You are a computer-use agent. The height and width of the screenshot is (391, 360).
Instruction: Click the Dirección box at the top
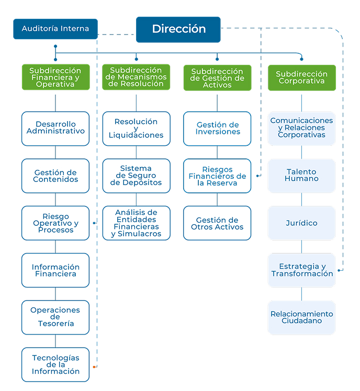(178, 29)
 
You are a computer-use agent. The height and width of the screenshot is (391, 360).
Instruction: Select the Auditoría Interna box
(55, 29)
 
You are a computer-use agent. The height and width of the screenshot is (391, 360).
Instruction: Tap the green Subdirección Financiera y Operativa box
(55, 77)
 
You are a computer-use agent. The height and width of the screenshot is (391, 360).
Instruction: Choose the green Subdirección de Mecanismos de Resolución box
(136, 77)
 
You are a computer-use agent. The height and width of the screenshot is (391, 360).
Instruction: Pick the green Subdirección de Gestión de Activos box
(217, 78)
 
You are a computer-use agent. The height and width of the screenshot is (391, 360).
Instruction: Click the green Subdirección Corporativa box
(301, 78)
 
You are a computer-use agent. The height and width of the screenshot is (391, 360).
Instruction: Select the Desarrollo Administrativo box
(55, 128)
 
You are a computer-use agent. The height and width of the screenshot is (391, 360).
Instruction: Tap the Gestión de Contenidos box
(55, 176)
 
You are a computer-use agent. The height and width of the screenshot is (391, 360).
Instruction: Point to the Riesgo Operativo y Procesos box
(55, 223)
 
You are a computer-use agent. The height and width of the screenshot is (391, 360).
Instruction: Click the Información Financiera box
(55, 270)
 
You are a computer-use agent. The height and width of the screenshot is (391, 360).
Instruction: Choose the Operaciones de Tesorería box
(55, 317)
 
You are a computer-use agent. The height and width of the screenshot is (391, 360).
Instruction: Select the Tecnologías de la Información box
(55, 364)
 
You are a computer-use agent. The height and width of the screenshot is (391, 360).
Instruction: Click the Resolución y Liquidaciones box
(136, 128)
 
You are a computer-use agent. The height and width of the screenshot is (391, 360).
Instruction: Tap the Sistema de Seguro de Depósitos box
(136, 176)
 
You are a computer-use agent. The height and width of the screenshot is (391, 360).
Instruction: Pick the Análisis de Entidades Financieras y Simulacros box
(136, 223)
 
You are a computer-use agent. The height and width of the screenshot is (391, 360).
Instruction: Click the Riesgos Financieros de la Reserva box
(217, 176)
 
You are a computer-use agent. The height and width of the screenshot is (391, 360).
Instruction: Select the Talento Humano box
(301, 175)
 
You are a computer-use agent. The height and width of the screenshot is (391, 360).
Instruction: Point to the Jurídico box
(301, 223)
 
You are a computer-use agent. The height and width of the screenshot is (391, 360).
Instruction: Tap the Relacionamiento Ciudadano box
(301, 317)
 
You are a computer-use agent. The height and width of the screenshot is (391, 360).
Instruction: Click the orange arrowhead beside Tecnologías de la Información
(94, 367)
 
